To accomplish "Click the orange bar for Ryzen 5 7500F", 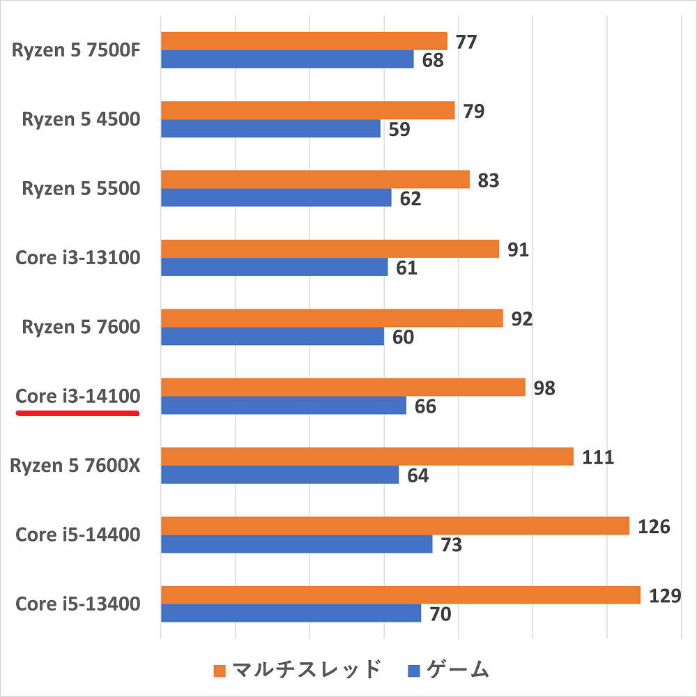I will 304,41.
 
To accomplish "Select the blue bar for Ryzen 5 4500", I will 270,128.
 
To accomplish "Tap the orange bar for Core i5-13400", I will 400,595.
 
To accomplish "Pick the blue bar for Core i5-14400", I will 296,544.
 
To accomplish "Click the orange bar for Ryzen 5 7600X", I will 367,457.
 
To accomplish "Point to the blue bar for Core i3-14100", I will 283,406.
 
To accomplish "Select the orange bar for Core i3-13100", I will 330,249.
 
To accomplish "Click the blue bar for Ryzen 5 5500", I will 276,198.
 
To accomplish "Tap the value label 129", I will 663,595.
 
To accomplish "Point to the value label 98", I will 544,388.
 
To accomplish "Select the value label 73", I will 451,544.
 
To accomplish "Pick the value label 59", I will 399,129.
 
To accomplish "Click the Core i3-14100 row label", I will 78,396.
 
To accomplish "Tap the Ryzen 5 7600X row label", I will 75,465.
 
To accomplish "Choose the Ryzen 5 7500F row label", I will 77,50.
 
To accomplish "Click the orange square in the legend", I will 220,671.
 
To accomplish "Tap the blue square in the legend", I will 414,671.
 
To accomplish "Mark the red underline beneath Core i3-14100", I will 78,413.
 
